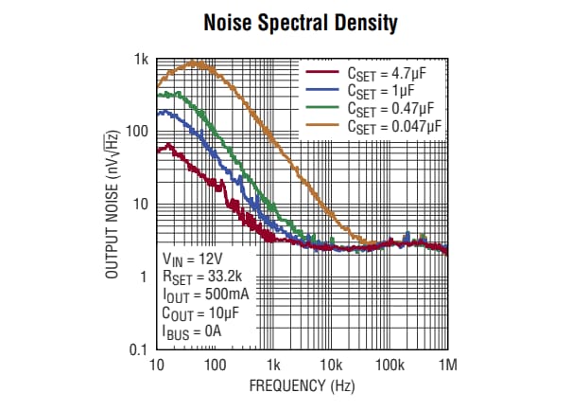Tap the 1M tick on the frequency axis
tap(447, 365)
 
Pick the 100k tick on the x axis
tap(389, 365)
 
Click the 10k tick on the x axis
tap(331, 365)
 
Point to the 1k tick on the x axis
tap(273, 365)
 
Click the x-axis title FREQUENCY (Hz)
tap(302, 386)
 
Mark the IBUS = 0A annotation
tap(193, 332)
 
